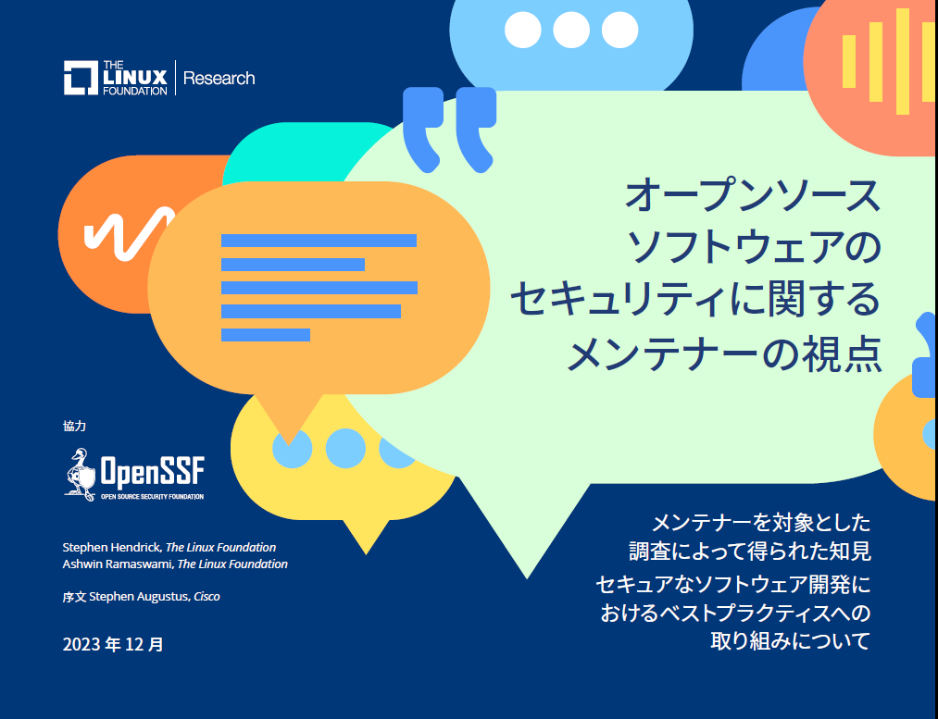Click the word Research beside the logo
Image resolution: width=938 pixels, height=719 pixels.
219,79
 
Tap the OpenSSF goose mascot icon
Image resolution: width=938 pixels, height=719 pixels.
81,473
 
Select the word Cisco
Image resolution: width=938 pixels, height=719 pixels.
206,597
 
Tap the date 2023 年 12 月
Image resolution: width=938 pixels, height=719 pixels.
113,644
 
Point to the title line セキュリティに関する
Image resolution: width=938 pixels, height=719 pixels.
694,301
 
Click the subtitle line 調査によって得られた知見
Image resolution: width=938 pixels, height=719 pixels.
749,552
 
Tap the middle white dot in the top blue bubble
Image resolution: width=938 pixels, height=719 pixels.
571,31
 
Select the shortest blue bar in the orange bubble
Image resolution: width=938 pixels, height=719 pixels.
265,334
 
